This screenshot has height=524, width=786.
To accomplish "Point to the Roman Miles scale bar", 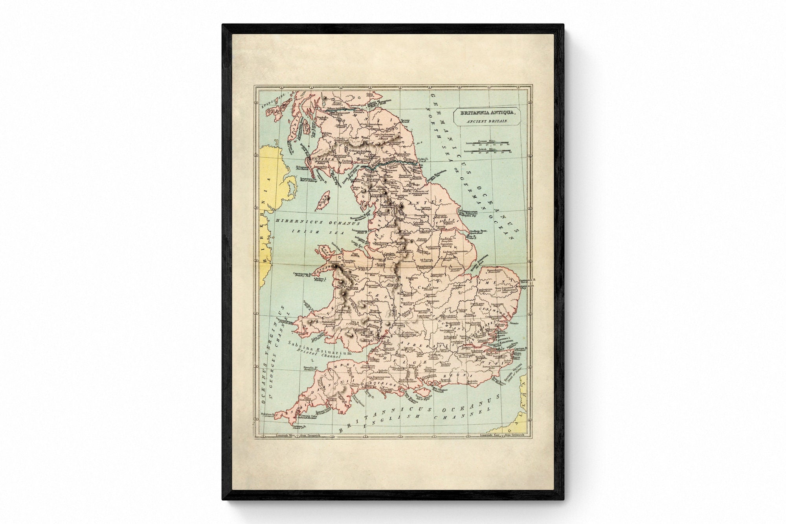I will [x=487, y=142].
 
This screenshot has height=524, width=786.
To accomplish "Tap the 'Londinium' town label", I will [x=459, y=341].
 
